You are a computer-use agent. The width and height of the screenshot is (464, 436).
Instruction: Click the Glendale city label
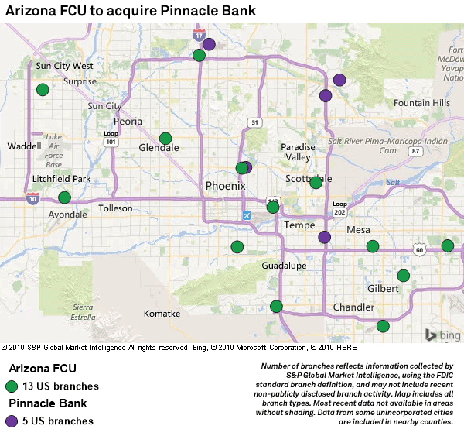pyautogui.click(x=158, y=148)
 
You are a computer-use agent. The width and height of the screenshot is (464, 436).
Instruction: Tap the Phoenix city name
pyautogui.click(x=225, y=186)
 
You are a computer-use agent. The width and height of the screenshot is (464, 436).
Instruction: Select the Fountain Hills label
pyautogui.click(x=421, y=103)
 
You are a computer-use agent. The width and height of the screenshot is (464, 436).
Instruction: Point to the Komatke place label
pyautogui.click(x=162, y=314)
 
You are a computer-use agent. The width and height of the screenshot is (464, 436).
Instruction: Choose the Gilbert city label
pyautogui.click(x=383, y=288)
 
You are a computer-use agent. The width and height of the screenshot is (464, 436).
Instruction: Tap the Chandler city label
pyautogui.click(x=353, y=307)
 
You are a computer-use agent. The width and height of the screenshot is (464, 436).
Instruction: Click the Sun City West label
pyautogui.click(x=65, y=67)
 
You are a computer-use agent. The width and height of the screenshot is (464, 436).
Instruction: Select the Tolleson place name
pyautogui.click(x=116, y=209)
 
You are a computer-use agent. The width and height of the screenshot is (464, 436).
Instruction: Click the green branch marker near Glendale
pyautogui.click(x=165, y=139)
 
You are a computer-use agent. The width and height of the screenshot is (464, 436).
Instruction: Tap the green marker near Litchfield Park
pyautogui.click(x=64, y=197)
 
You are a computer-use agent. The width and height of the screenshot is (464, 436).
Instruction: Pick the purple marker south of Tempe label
pyautogui.click(x=325, y=237)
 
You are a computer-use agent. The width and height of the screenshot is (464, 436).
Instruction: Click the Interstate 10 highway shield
pyautogui.click(x=32, y=199)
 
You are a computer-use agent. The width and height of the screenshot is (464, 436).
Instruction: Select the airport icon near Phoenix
pyautogui.click(x=246, y=215)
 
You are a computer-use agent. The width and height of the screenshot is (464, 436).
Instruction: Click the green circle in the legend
pyautogui.click(x=12, y=386)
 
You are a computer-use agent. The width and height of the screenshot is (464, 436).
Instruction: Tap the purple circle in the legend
pyautogui.click(x=12, y=421)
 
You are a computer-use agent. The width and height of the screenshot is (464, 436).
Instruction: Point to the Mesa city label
pyautogui.click(x=358, y=230)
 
